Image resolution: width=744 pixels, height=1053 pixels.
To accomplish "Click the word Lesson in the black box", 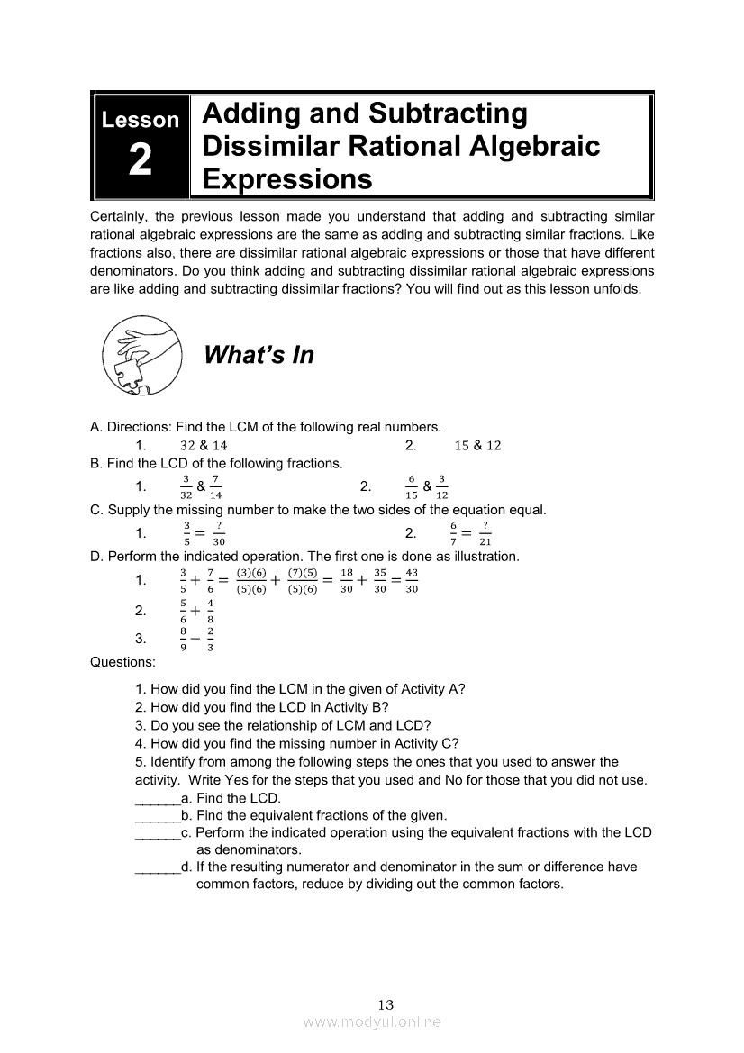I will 141,120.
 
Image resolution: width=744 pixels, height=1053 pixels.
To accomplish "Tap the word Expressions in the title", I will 287,179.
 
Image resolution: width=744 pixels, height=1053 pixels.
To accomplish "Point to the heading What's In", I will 259,356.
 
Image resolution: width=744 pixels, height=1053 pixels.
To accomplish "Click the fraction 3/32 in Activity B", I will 186,486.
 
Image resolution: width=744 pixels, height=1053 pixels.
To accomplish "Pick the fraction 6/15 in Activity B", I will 411,486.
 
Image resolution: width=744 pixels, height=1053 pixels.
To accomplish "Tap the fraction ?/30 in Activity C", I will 218,533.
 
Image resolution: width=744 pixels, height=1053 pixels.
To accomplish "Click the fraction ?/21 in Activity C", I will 485,533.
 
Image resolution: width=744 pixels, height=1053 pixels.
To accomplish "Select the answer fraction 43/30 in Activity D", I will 412,580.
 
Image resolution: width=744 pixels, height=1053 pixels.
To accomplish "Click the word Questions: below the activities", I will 122,662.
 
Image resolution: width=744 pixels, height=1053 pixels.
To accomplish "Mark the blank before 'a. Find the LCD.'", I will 157,798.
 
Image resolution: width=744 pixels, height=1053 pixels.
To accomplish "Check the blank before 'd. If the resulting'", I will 157,867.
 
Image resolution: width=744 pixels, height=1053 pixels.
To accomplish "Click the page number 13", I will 386,1004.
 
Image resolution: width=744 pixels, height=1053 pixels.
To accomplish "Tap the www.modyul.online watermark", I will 372,1022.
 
